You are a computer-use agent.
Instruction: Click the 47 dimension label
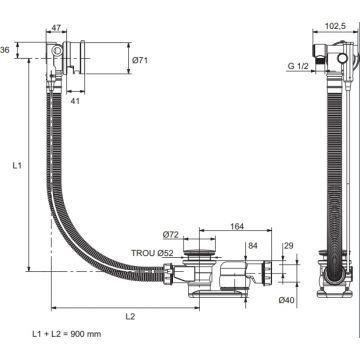click(x=56, y=27)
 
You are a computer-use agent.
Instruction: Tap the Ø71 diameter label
click(x=140, y=60)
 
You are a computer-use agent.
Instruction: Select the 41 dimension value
click(x=76, y=101)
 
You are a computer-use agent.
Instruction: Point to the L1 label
click(x=17, y=165)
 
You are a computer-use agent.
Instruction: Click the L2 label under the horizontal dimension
click(x=130, y=317)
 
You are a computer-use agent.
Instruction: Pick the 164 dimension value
click(x=237, y=226)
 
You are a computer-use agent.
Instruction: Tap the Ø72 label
click(x=171, y=235)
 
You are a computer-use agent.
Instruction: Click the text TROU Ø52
click(x=152, y=253)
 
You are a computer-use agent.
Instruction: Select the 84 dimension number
click(x=253, y=246)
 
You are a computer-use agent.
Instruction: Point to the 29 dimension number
click(x=289, y=246)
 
